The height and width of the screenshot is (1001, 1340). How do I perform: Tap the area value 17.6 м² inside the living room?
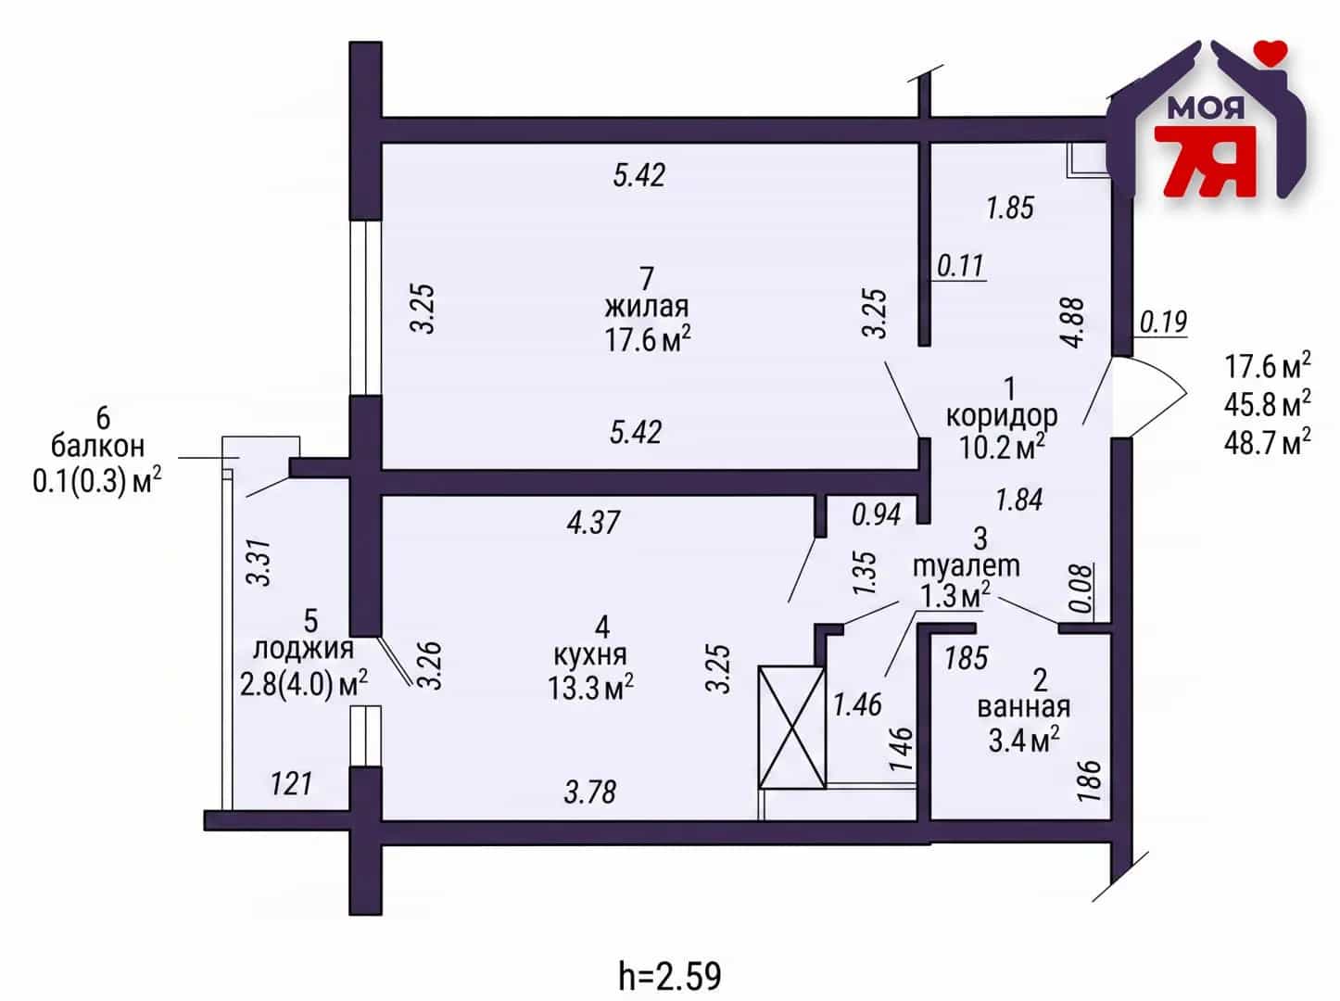(648, 339)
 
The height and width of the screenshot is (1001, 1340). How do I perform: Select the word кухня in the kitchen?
(590, 655)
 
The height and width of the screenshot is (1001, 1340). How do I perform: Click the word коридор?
(1002, 417)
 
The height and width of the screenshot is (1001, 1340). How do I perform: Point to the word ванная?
(1024, 707)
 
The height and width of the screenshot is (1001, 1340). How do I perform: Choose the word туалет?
(967, 566)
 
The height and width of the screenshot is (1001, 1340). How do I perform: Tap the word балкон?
(97, 446)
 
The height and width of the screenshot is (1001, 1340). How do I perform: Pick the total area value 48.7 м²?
(1268, 440)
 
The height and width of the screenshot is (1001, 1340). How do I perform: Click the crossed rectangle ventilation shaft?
(791, 728)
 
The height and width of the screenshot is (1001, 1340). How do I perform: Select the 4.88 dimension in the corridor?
(1073, 323)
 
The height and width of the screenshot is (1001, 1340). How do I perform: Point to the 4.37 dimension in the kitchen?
(593, 523)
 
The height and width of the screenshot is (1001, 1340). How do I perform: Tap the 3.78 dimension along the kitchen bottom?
(589, 792)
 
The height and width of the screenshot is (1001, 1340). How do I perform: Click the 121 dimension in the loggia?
(291, 784)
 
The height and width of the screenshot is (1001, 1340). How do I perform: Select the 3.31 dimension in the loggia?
(260, 563)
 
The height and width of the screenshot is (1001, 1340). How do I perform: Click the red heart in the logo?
(1271, 51)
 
